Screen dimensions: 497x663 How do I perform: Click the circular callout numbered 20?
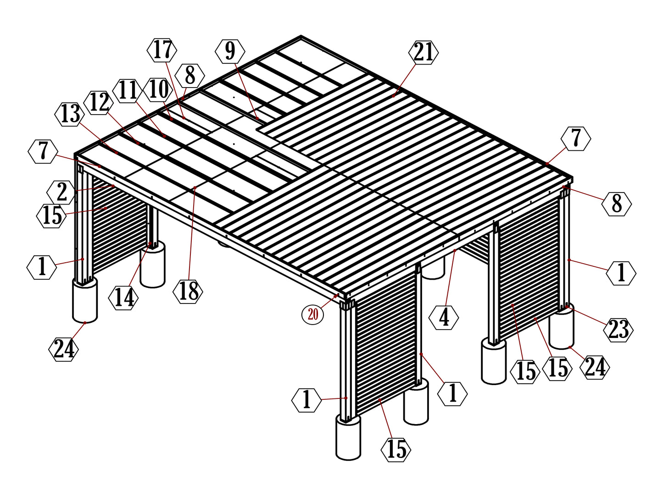tap(312, 314)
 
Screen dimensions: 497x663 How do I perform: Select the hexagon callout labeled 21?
tap(423, 52)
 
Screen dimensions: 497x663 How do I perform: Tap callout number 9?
tap(230, 51)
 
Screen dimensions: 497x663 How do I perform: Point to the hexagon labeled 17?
tap(162, 50)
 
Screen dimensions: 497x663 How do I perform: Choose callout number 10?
tap(158, 89)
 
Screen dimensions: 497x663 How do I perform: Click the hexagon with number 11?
tap(128, 90)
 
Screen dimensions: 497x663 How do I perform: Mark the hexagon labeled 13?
tap(70, 114)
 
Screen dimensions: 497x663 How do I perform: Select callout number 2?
tap(62, 192)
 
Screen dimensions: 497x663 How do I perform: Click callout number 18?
tap(188, 291)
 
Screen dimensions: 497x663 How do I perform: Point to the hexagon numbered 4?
tap(444, 318)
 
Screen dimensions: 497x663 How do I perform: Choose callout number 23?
tap(618, 329)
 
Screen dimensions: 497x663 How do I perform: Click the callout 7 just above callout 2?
tap(43, 152)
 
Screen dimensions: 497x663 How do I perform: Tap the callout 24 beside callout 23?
tap(595, 367)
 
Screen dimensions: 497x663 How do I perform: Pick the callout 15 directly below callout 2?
tap(51, 215)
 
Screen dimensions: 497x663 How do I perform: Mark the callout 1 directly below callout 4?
tap(452, 393)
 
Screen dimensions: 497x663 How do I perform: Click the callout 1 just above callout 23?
tap(621, 273)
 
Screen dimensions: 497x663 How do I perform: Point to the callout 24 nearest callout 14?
tap(63, 349)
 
